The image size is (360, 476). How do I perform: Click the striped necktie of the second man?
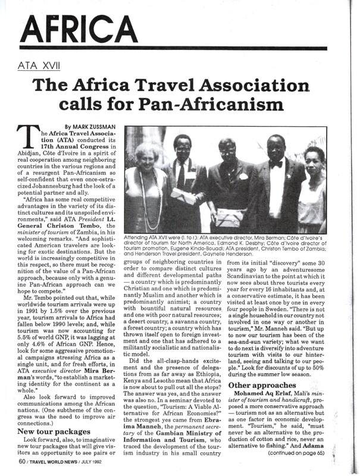click(x=180, y=175)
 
